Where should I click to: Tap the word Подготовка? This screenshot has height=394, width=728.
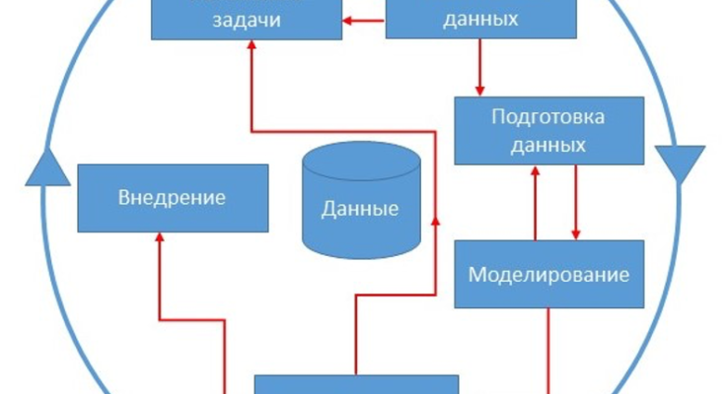pos(548,117)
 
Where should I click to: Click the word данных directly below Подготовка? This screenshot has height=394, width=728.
pos(548,144)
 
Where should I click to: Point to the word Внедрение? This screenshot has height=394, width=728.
pos(173,197)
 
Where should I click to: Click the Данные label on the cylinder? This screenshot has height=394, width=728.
pos(360,209)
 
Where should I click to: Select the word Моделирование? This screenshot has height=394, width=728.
pos(548,273)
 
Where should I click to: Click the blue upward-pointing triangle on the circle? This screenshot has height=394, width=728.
pos(46,167)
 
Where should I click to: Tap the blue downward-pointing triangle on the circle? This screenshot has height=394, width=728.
pos(680,163)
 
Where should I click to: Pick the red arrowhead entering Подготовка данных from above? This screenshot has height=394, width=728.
pos(480,91)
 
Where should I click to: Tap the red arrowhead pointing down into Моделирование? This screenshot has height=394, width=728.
pos(575,234)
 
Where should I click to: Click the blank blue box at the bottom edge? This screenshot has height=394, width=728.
pos(356,384)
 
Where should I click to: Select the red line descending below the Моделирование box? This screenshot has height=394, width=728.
pos(548,345)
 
